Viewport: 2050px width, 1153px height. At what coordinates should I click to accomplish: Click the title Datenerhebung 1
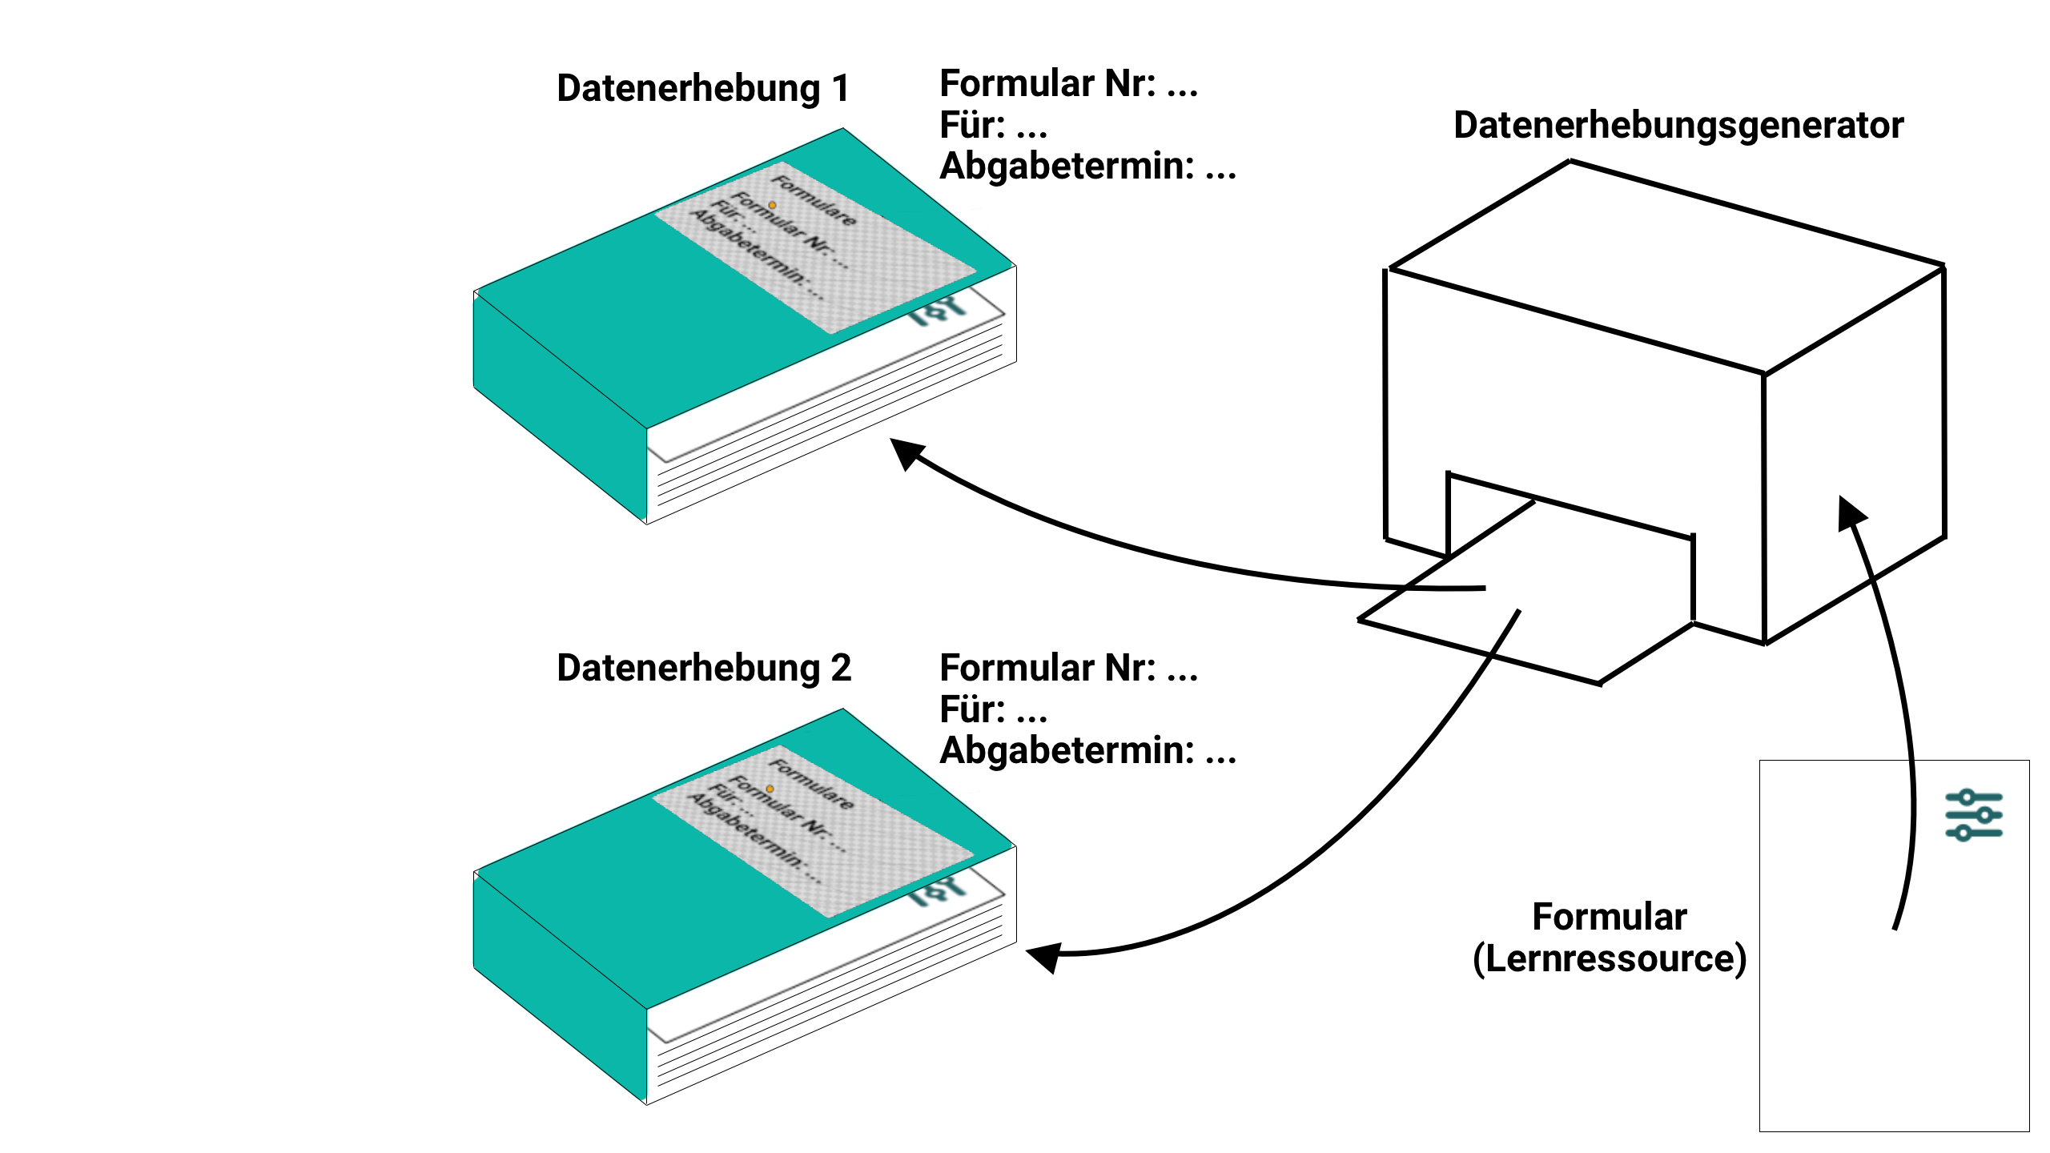tap(702, 88)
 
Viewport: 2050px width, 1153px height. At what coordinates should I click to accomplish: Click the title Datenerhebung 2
tap(703, 668)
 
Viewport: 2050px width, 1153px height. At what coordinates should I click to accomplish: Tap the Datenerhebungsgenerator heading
tap(1678, 126)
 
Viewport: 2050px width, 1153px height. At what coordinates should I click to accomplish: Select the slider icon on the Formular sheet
tap(1974, 815)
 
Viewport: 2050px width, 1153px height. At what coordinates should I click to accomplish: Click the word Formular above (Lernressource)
tap(1609, 917)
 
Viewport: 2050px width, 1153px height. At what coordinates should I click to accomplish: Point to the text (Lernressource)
tap(1609, 958)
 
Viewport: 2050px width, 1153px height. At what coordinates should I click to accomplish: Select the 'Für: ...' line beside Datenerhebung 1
tap(993, 126)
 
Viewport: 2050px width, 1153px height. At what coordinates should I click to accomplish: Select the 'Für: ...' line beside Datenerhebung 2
tap(993, 710)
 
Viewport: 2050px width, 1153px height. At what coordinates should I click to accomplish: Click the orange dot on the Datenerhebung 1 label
tap(773, 206)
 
